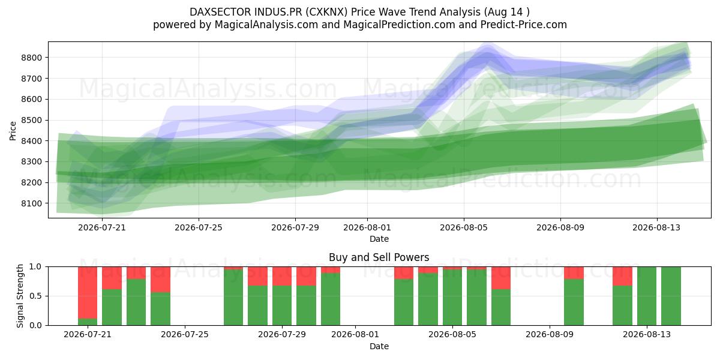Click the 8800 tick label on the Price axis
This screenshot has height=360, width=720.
pyautogui.click(x=31, y=58)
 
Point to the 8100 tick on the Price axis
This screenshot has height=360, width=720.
pyautogui.click(x=31, y=203)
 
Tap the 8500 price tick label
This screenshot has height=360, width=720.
pyautogui.click(x=31, y=120)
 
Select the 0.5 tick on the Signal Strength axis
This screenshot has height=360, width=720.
pyautogui.click(x=35, y=296)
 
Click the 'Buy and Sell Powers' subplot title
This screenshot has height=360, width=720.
pyautogui.click(x=379, y=257)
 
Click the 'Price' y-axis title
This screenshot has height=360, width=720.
pyautogui.click(x=13, y=131)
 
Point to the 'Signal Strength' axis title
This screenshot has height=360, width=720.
pyautogui.click(x=20, y=296)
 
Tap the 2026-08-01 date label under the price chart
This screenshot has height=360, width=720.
pyautogui.click(x=367, y=227)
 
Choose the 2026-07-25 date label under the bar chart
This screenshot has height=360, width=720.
pyautogui.click(x=185, y=335)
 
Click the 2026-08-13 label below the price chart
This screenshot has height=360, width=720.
pyautogui.click(x=656, y=227)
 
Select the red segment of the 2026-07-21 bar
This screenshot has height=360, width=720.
pyautogui.click(x=88, y=293)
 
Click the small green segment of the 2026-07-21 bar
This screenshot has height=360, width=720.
pyautogui.click(x=88, y=322)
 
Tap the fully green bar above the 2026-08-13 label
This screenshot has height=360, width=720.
pyautogui.click(x=647, y=296)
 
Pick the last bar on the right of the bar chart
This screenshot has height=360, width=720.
pyautogui.click(x=671, y=296)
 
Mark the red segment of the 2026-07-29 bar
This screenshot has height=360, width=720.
pyautogui.click(x=282, y=276)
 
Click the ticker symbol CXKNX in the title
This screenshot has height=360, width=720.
pyautogui.click(x=326, y=12)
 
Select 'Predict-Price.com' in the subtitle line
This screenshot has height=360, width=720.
pyautogui.click(x=524, y=25)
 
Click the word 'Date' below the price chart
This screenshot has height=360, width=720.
pyautogui.click(x=379, y=239)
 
